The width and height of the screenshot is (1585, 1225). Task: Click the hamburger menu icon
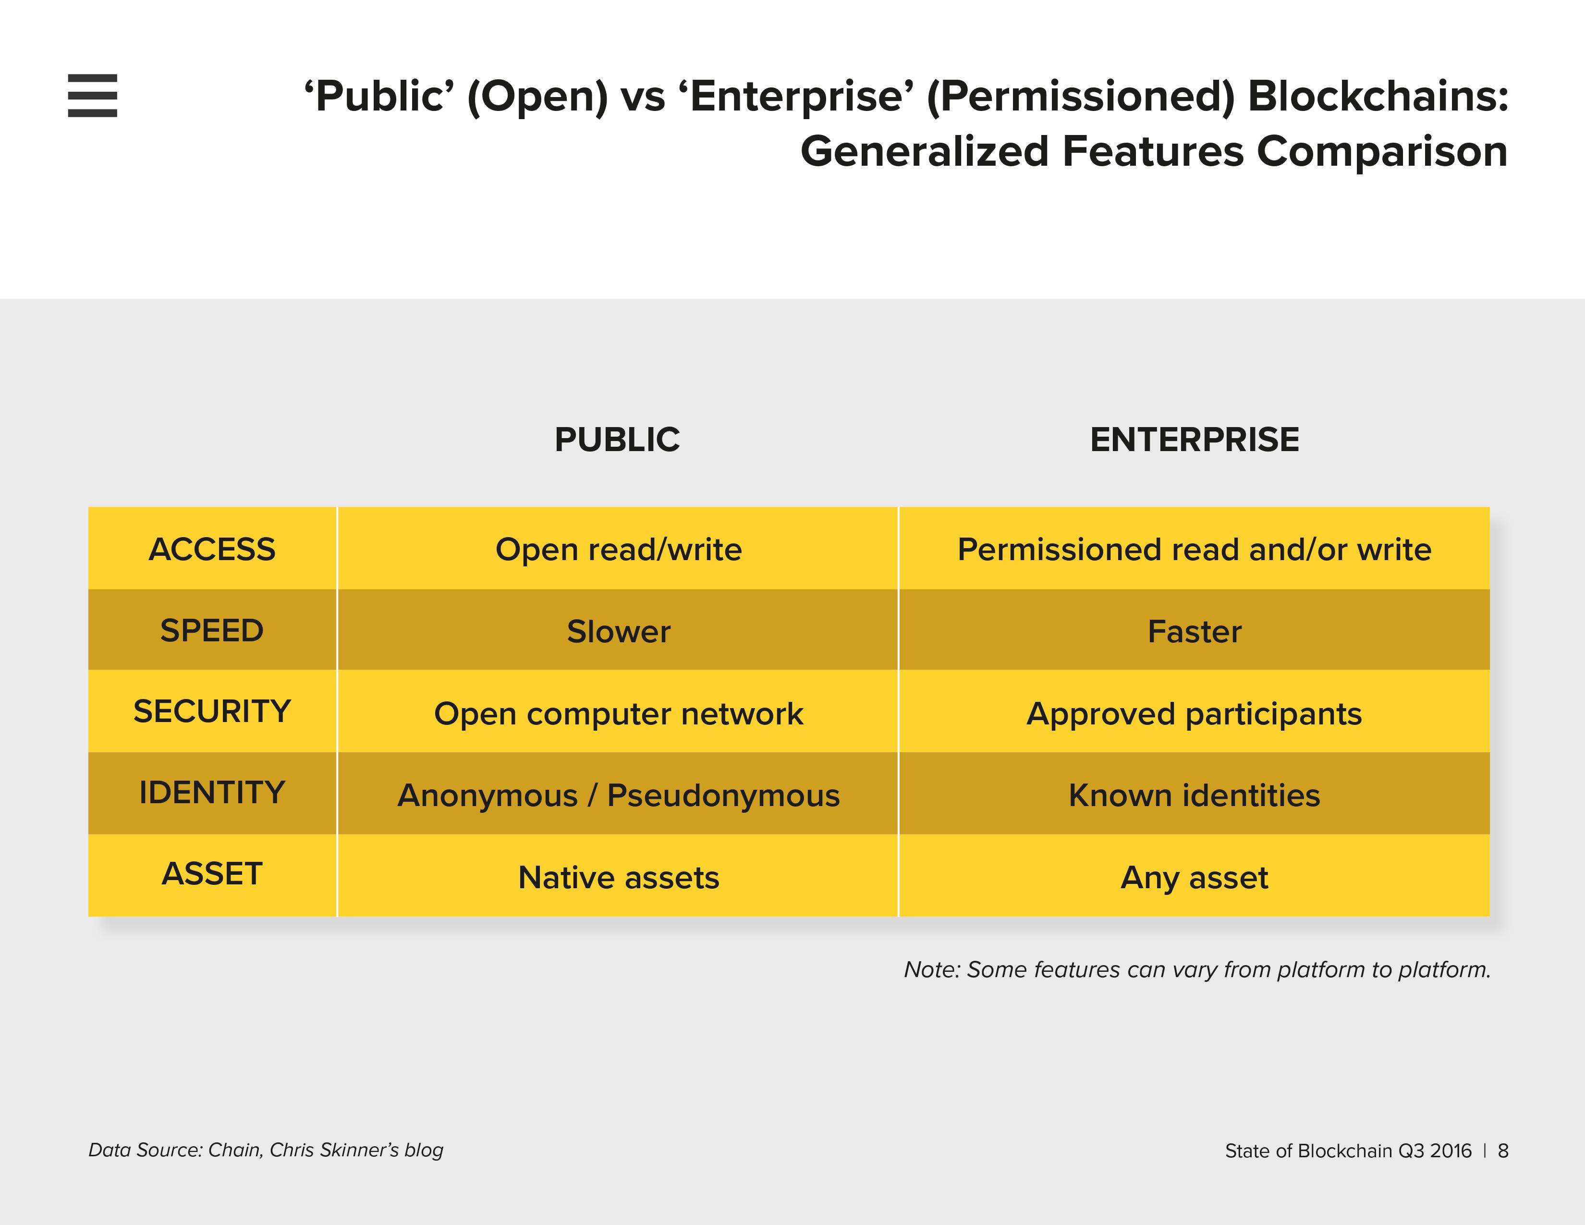(x=92, y=95)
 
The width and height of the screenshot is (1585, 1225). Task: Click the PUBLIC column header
(x=617, y=440)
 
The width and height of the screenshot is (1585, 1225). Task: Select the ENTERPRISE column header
(x=1195, y=440)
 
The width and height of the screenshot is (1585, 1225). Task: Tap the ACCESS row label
(x=212, y=550)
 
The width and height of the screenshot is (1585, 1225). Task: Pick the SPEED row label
(x=212, y=631)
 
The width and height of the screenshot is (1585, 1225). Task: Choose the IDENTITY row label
(x=212, y=793)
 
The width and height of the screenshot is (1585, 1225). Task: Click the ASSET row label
(x=212, y=874)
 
